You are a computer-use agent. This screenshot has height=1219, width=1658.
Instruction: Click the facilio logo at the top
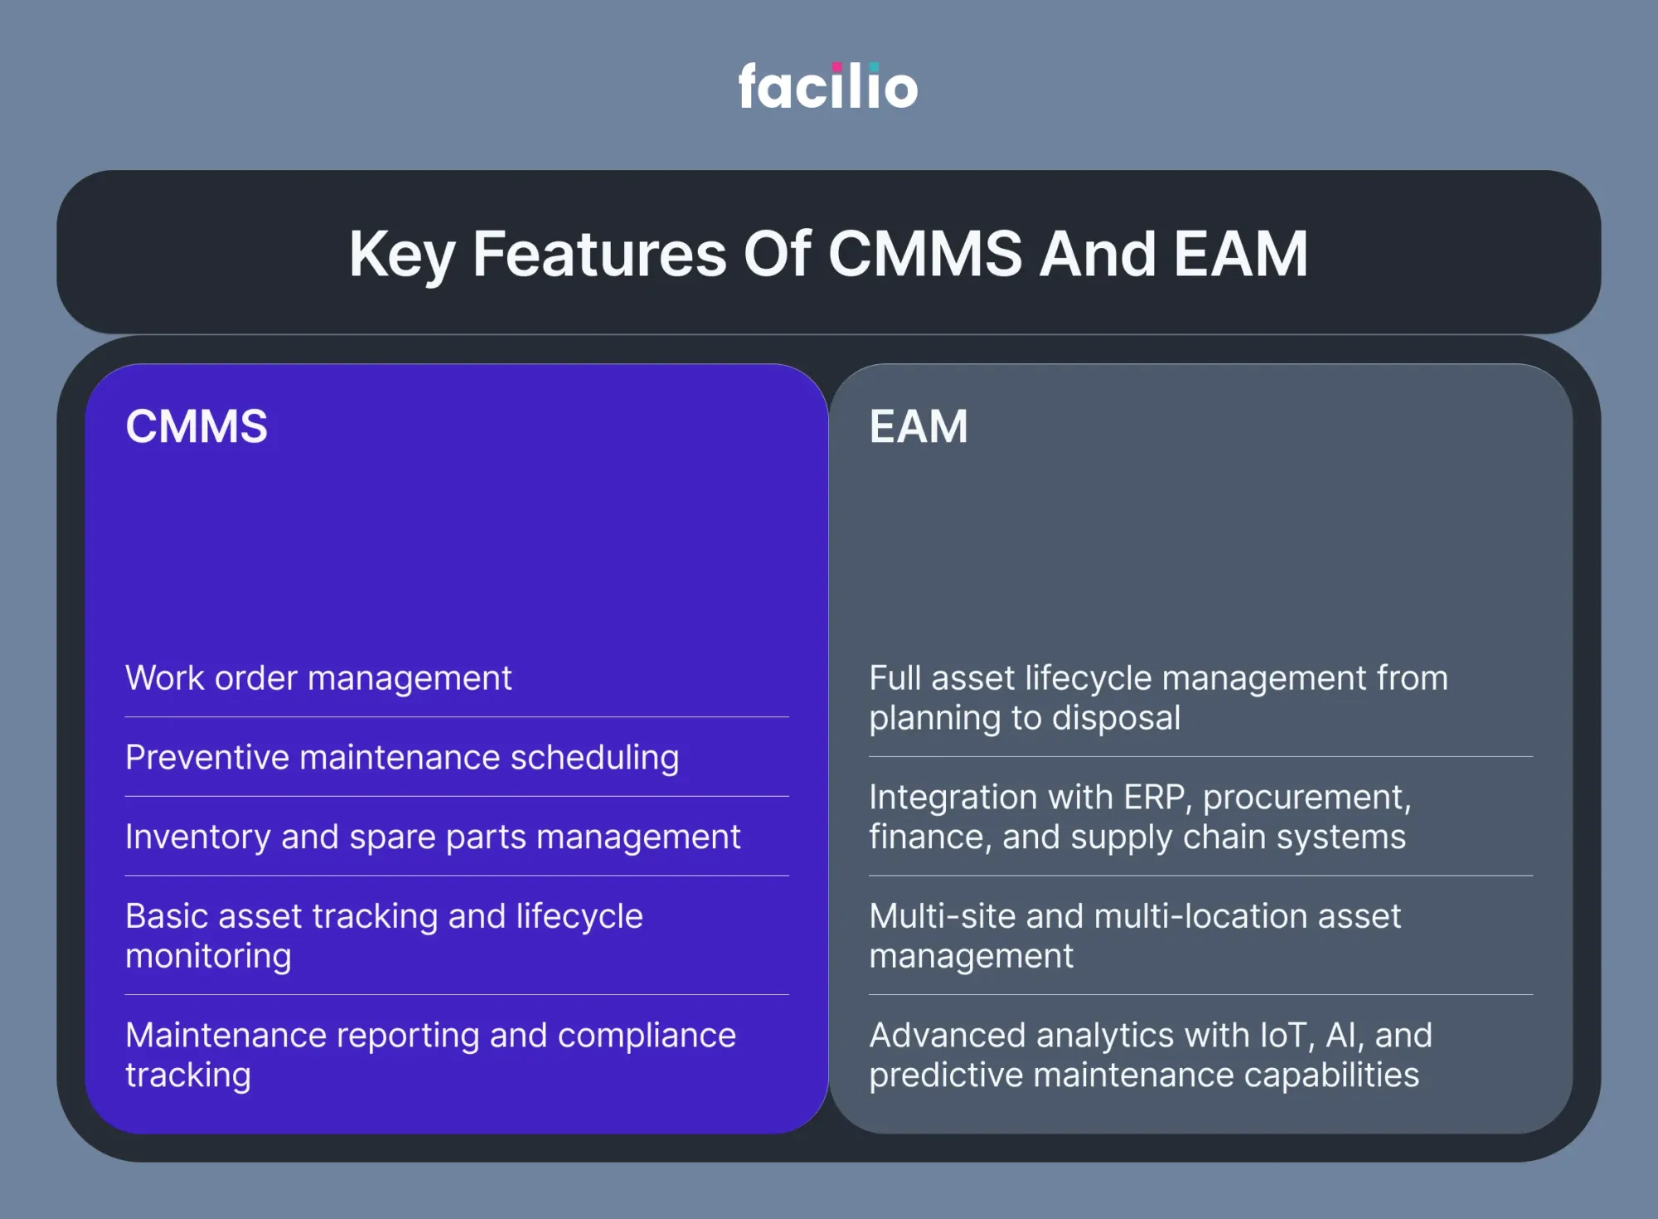[x=828, y=85]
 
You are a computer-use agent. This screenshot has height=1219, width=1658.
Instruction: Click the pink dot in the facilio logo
[x=837, y=67]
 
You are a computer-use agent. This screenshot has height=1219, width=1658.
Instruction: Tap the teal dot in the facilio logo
[x=874, y=67]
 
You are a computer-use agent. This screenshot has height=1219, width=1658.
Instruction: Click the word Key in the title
[x=402, y=255]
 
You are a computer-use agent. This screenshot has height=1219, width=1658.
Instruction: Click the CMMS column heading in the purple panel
[x=196, y=426]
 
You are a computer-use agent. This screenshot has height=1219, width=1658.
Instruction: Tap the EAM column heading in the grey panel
[x=919, y=426]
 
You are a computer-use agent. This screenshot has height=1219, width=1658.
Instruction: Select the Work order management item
[x=318, y=678]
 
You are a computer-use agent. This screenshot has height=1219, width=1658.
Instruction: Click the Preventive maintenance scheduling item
[x=402, y=758]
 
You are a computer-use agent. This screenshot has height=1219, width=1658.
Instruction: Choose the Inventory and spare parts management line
[x=433, y=837]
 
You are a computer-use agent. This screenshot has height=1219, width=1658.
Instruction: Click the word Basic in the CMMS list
[x=166, y=916]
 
